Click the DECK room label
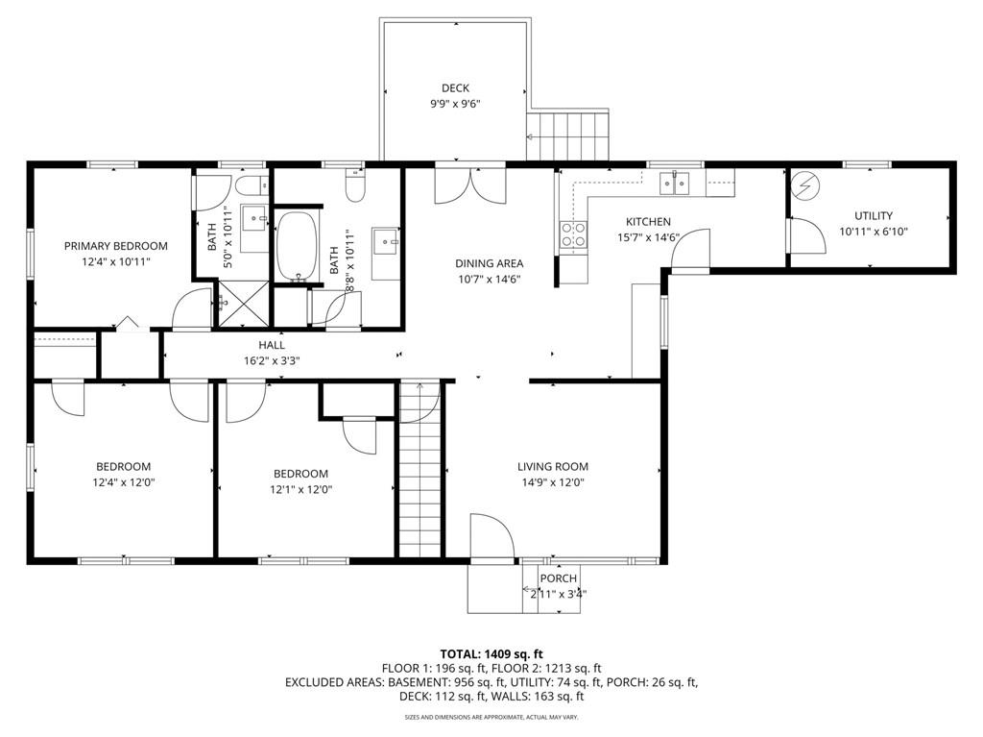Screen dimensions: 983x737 click(455, 88)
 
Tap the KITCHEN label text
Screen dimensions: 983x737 click(648, 222)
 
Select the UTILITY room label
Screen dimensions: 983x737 click(874, 215)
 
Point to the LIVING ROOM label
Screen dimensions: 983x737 click(553, 466)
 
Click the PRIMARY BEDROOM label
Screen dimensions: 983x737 click(116, 246)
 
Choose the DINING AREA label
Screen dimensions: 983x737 click(489, 263)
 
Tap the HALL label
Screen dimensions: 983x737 click(272, 345)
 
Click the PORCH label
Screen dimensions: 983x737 click(558, 578)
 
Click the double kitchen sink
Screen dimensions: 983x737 click(674, 184)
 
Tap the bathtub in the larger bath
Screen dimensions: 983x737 click(298, 246)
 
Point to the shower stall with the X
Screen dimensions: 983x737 click(243, 304)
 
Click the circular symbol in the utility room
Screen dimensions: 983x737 click(804, 186)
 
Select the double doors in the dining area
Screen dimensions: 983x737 click(470, 185)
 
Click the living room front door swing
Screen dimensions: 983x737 click(492, 535)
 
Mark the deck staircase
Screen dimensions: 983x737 click(567, 136)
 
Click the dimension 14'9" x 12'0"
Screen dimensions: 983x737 click(553, 482)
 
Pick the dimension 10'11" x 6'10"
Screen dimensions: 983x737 click(874, 232)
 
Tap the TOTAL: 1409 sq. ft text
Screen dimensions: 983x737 click(491, 654)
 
